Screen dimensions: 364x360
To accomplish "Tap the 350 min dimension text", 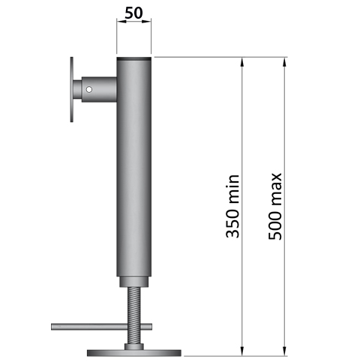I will click(x=233, y=206).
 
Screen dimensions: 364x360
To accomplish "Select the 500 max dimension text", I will click(x=275, y=206).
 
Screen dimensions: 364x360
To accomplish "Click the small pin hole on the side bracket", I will click(x=89, y=91).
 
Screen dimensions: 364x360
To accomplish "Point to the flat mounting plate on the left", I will click(x=70, y=91).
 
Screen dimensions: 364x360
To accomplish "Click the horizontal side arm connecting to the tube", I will click(x=97, y=91).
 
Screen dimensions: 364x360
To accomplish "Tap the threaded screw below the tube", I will click(x=134, y=315).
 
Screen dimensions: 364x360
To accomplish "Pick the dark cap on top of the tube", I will click(x=134, y=59).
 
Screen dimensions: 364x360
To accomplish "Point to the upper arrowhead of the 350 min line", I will click(x=242, y=63).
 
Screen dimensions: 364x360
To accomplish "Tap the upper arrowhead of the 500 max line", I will click(x=284, y=63).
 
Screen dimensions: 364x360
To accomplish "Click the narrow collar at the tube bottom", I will click(x=134, y=282).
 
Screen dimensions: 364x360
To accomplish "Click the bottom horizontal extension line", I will click(x=225, y=356).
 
